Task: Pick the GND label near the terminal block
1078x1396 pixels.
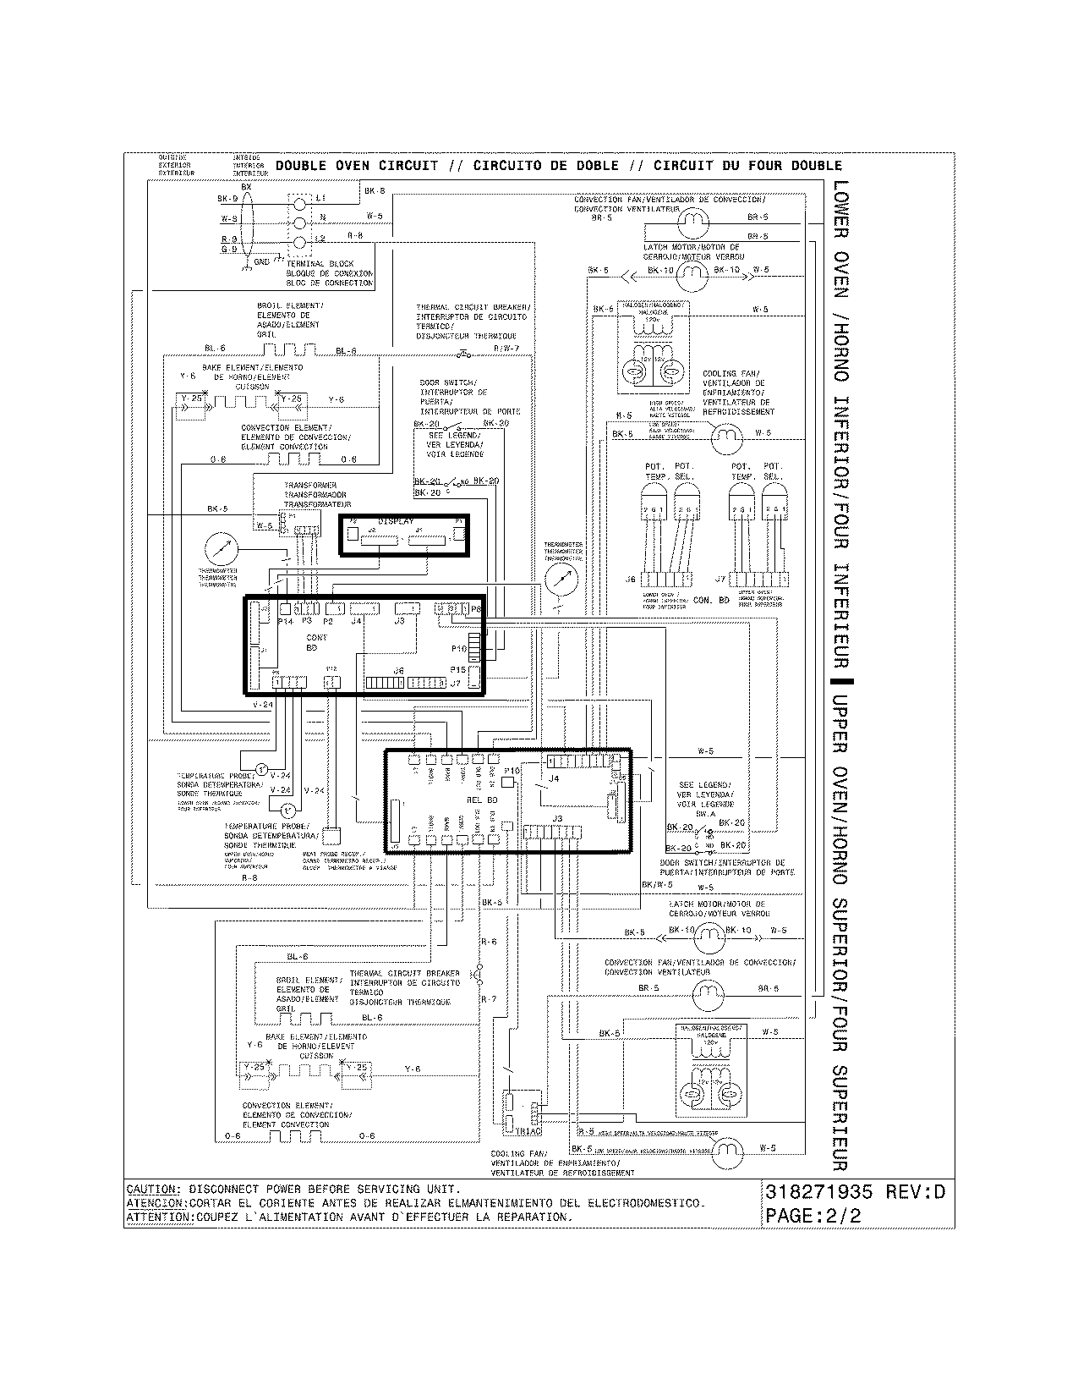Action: click(262, 262)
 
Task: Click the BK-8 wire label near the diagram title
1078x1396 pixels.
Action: click(375, 192)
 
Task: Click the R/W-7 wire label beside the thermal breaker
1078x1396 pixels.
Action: click(506, 348)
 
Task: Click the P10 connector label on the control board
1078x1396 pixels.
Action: click(458, 648)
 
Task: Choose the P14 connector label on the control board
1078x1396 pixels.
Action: click(285, 621)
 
